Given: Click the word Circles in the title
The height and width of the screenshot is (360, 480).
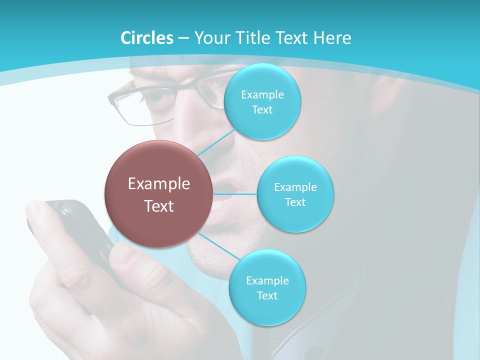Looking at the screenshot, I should pos(147,38).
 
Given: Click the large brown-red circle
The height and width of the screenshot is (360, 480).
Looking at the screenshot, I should pos(158,194).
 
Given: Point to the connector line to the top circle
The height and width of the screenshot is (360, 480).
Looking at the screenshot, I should pos(216,142).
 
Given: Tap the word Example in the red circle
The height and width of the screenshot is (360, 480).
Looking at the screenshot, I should pos(158,184).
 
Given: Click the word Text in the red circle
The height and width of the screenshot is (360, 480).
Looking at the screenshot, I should pos(158,206).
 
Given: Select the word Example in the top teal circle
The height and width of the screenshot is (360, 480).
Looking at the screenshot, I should pos(262,95).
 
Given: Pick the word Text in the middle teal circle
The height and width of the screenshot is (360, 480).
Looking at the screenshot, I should pos(295,202).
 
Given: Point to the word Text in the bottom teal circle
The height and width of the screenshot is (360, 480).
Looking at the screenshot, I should pos(267,296).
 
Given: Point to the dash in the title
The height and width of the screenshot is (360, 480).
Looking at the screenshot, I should pos(183,38).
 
